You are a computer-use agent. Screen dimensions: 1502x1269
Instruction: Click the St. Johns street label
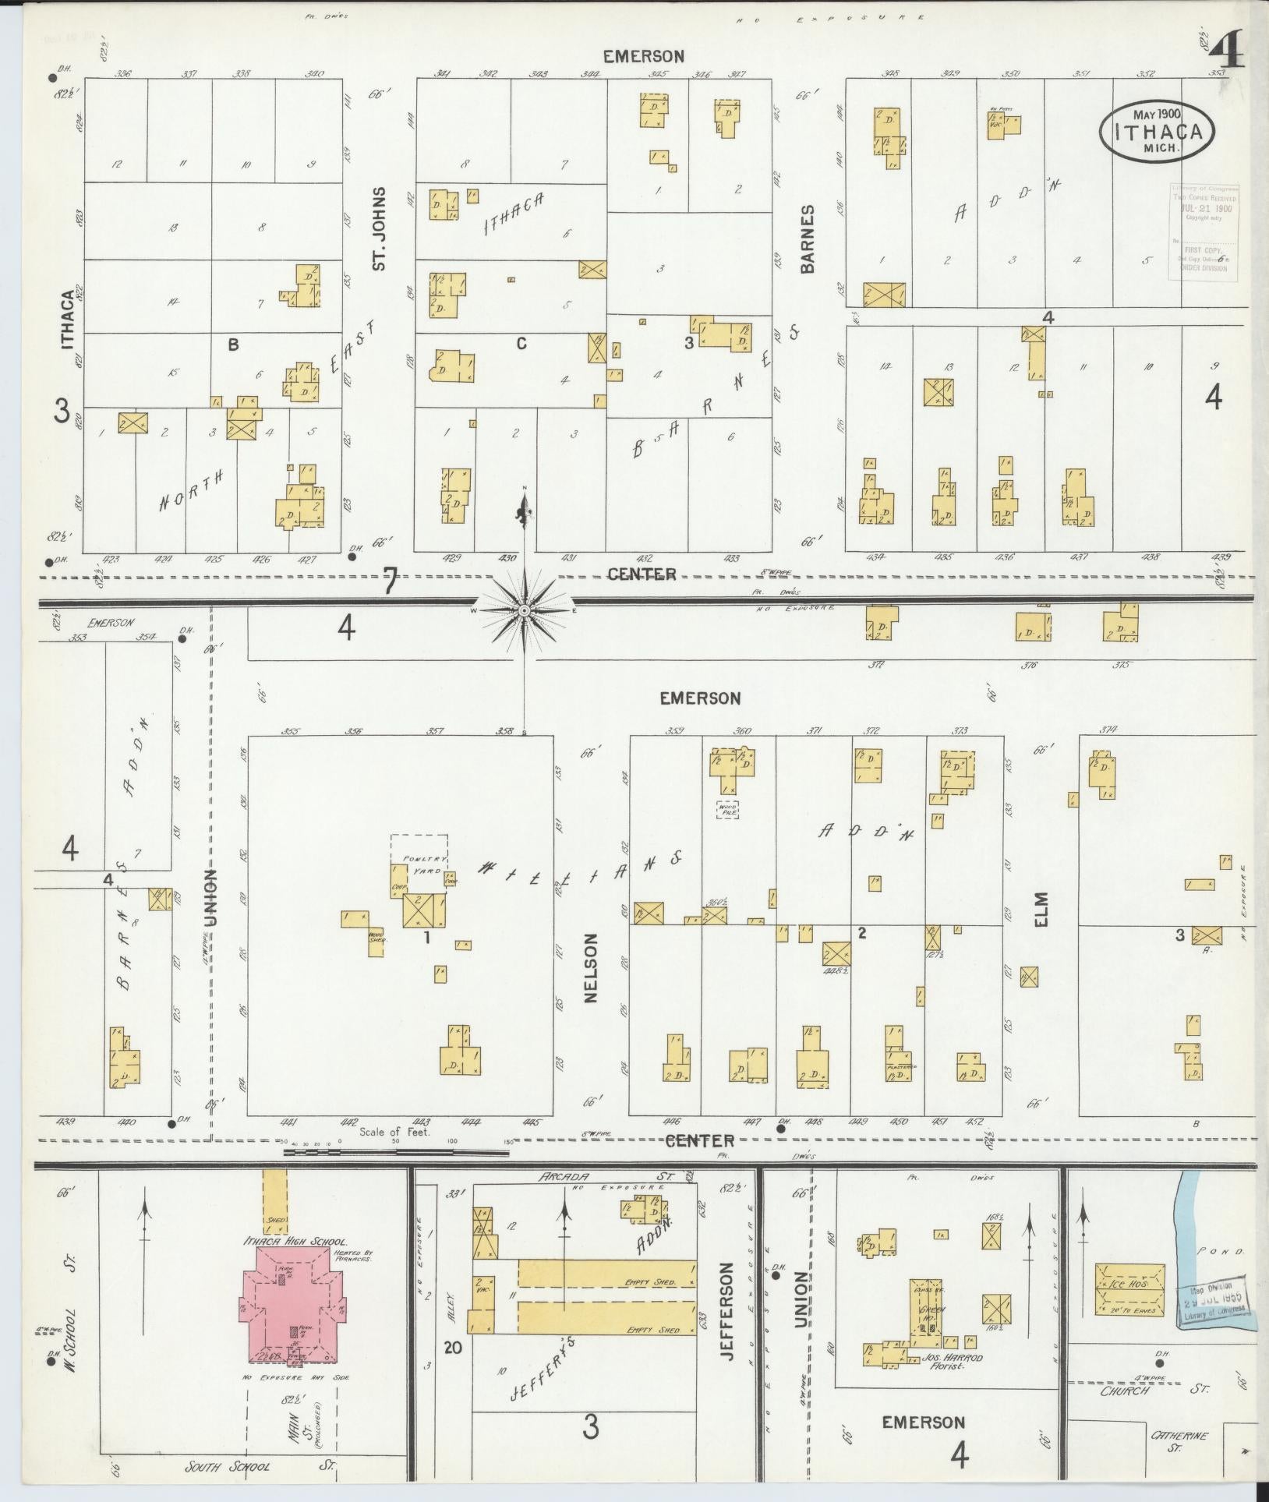point(380,228)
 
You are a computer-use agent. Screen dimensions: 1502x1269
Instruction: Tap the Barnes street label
point(807,239)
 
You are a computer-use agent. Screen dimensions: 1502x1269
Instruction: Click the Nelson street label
point(589,968)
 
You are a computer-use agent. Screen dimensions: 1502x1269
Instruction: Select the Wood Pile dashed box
point(727,809)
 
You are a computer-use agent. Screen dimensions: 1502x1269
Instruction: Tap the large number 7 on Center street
point(390,582)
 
